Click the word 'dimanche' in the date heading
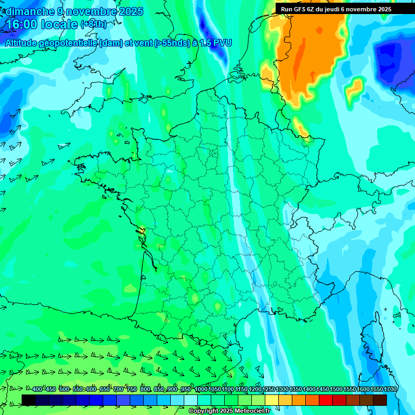point(30,11)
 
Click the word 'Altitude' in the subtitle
point(24,43)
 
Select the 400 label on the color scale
point(37,390)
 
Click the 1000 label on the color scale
point(200,390)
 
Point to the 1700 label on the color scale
point(390,390)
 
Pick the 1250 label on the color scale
point(269,390)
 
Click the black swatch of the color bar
point(29,400)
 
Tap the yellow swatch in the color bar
point(272,400)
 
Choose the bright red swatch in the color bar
point(326,400)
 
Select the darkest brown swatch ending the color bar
point(380,400)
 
